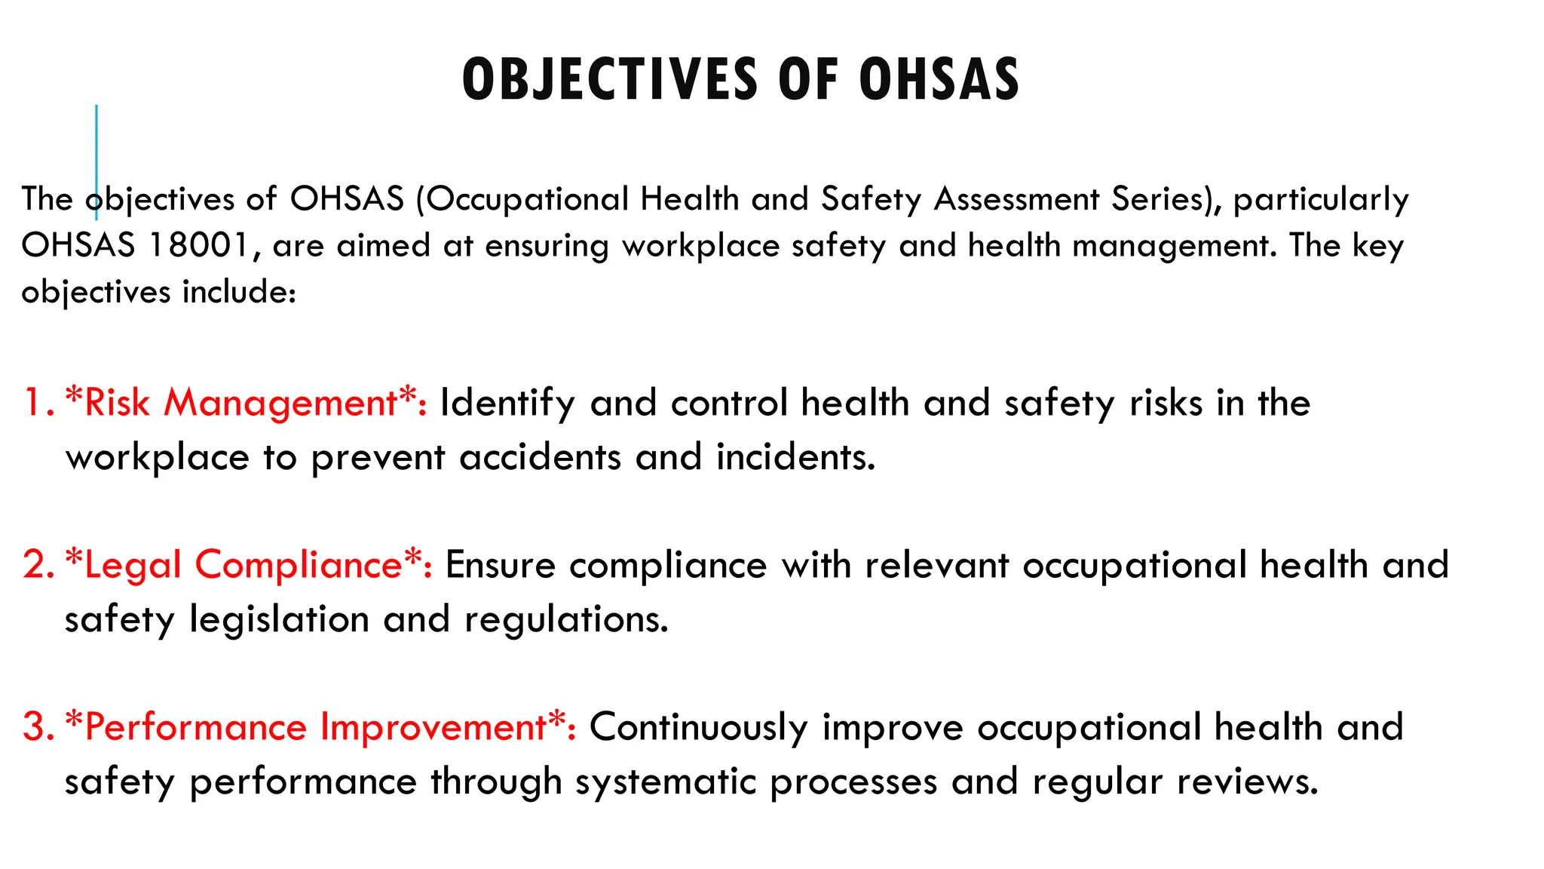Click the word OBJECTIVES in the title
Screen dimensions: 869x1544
pos(609,79)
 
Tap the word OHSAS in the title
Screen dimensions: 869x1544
pos(939,79)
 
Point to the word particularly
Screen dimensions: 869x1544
pos(1321,199)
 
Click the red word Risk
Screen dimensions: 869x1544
pos(117,402)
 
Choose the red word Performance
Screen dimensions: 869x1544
pos(196,727)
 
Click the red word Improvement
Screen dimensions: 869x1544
pos(433,727)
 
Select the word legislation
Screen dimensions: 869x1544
pos(279,619)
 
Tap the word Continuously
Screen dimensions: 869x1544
pos(698,727)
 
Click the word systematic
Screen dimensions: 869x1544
pos(666,781)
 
